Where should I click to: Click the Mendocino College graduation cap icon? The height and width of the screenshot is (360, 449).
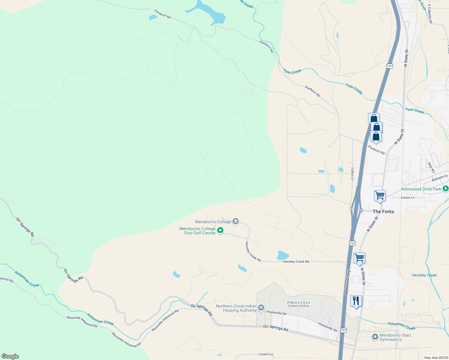click(x=236, y=222)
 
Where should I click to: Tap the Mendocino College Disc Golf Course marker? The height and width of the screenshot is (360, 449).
click(x=220, y=230)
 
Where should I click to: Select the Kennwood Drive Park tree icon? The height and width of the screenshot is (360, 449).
click(x=445, y=189)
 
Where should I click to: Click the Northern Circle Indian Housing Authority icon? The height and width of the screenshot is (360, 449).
click(x=261, y=308)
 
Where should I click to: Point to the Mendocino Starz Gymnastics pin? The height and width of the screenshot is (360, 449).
click(x=375, y=337)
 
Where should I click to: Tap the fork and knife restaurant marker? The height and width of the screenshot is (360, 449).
click(x=356, y=301)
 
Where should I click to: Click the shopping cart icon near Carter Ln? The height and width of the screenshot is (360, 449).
click(x=380, y=196)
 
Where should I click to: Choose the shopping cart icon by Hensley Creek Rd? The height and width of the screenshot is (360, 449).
click(x=359, y=258)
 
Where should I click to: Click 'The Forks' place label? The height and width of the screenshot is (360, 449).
click(x=383, y=211)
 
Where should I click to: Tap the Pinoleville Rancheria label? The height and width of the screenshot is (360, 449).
click(x=299, y=304)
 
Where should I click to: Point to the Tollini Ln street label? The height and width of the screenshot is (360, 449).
click(x=352, y=174)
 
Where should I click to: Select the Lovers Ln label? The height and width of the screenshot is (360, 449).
click(x=266, y=354)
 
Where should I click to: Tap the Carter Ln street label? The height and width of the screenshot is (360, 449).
click(x=408, y=198)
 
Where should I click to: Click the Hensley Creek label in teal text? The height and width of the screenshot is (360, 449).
click(x=424, y=275)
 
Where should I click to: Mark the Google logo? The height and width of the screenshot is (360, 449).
click(x=10, y=356)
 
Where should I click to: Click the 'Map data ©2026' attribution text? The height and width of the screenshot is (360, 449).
click(x=435, y=358)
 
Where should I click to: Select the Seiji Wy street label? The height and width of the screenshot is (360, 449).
click(x=431, y=167)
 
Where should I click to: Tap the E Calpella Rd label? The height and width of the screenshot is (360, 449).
click(x=430, y=14)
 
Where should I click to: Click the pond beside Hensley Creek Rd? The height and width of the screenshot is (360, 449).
click(x=282, y=255)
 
